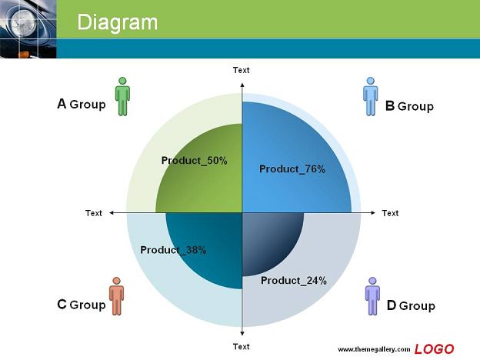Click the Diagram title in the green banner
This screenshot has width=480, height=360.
pyautogui.click(x=117, y=22)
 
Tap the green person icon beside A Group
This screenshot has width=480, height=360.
pyautogui.click(x=122, y=96)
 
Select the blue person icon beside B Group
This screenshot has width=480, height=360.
pyautogui.click(x=371, y=96)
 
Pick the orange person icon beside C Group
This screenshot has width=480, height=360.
pyautogui.click(x=117, y=296)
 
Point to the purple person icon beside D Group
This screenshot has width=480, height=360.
pyautogui.click(x=372, y=296)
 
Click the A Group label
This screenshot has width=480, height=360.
pyautogui.click(x=82, y=104)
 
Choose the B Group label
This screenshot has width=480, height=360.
pyautogui.click(x=409, y=106)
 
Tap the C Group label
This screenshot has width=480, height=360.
pyautogui.click(x=82, y=305)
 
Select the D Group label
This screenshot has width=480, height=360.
pyautogui.click(x=411, y=305)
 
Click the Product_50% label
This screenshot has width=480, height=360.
pyautogui.click(x=195, y=161)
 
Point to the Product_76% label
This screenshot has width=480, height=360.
pyautogui.click(x=292, y=169)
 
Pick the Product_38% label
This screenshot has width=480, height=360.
pyautogui.click(x=173, y=250)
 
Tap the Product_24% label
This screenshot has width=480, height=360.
pyautogui.click(x=294, y=281)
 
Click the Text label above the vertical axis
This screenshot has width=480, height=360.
pyautogui.click(x=242, y=70)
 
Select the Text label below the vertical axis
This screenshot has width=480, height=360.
pyautogui.click(x=242, y=346)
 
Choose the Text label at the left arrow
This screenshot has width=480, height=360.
pyautogui.click(x=94, y=213)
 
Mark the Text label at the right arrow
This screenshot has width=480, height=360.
pyautogui.click(x=390, y=213)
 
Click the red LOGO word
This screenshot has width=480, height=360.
pyautogui.click(x=434, y=349)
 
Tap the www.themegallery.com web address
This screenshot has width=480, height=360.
pyautogui.click(x=374, y=349)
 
